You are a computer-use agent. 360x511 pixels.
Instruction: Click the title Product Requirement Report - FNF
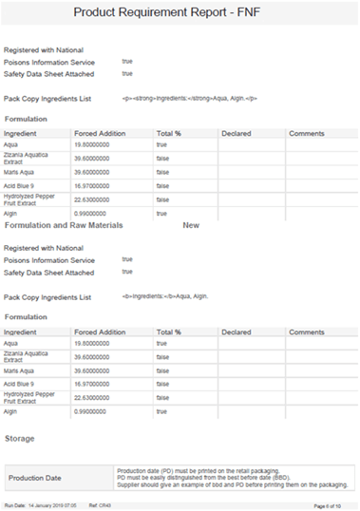(x=180, y=14)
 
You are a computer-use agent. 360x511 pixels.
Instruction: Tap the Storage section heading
(x=20, y=438)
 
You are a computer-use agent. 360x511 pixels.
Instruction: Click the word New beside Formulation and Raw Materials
(x=190, y=226)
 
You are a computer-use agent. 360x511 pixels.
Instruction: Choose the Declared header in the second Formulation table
(x=236, y=332)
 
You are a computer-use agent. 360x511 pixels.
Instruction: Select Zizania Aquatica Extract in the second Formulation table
(x=28, y=357)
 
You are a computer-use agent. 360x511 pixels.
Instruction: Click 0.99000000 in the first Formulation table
(x=94, y=214)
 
